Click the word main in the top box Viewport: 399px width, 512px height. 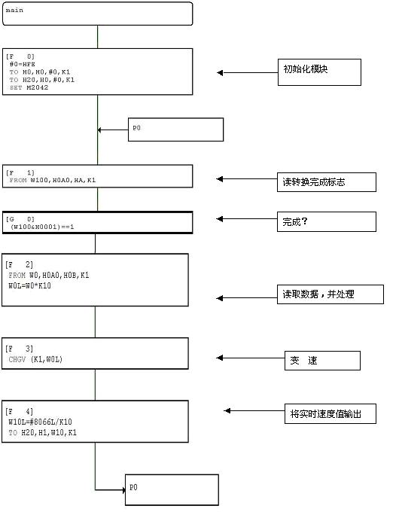click(x=14, y=10)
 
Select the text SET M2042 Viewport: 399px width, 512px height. click(x=29, y=87)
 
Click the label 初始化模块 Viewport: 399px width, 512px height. click(x=306, y=69)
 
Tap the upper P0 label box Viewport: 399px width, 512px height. click(x=175, y=130)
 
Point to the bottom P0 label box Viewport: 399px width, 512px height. click(x=172, y=490)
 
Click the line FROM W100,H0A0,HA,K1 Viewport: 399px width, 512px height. click(x=53, y=180)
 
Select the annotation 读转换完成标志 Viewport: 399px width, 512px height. click(x=313, y=182)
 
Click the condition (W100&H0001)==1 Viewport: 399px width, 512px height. click(x=42, y=227)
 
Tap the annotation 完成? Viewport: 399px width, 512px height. click(x=295, y=221)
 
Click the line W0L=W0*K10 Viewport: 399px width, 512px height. click(x=29, y=285)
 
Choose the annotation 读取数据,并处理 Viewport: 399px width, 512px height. click(x=318, y=294)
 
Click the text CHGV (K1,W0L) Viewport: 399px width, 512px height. click(x=35, y=359)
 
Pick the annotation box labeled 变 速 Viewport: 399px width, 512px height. click(x=323, y=361)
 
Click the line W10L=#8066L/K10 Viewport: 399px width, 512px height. click(x=40, y=422)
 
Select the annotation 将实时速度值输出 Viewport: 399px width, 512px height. click(x=325, y=414)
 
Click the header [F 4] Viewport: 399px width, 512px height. click(x=20, y=411)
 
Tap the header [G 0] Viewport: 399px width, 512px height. click(x=20, y=219)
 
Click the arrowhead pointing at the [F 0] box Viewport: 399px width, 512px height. click(x=220, y=73)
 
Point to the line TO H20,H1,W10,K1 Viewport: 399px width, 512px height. click(x=42, y=433)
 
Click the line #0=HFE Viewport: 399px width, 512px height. click(x=22, y=64)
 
